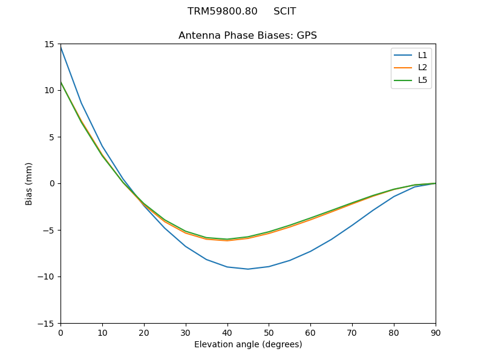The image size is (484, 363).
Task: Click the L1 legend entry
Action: [422, 55]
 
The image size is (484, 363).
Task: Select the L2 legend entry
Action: [422, 67]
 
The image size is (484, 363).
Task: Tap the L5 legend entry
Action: [422, 80]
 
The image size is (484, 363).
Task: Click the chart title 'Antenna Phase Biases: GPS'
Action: [247, 36]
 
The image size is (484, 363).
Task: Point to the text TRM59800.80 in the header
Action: [222, 11]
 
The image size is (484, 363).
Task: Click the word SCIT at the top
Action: [284, 11]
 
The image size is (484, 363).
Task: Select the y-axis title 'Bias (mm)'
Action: [29, 183]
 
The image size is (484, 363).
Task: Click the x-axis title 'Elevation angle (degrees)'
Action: [248, 344]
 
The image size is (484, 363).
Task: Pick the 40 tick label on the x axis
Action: [227, 332]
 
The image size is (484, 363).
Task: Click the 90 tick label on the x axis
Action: [436, 332]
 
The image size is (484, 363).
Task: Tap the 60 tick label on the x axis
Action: [310, 332]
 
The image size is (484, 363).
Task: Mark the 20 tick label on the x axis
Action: [144, 332]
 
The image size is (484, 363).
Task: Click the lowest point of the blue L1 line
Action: [248, 269]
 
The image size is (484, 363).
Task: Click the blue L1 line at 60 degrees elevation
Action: [310, 251]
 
